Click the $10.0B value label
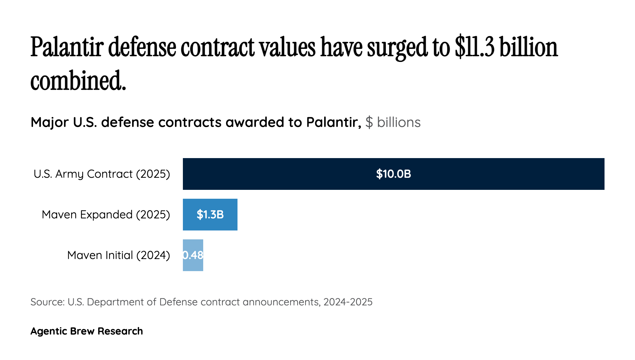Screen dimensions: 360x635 click(x=393, y=174)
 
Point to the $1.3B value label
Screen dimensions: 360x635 click(x=210, y=215)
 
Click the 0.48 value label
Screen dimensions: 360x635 click(x=193, y=255)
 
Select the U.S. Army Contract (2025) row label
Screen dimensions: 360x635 click(x=102, y=174)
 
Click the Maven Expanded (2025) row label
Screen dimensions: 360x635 click(x=106, y=215)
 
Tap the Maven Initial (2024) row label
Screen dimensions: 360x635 click(x=118, y=255)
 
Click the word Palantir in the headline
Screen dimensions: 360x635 click(x=67, y=48)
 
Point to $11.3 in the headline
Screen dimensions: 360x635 click(x=474, y=48)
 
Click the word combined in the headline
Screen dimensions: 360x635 click(x=78, y=81)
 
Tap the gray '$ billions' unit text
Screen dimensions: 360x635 click(x=393, y=122)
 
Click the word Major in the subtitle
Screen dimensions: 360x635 click(x=50, y=122)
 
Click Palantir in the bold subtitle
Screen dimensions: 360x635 click(x=333, y=122)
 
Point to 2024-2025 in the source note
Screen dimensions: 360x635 click(x=348, y=302)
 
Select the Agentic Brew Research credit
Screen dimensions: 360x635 click(x=87, y=331)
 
